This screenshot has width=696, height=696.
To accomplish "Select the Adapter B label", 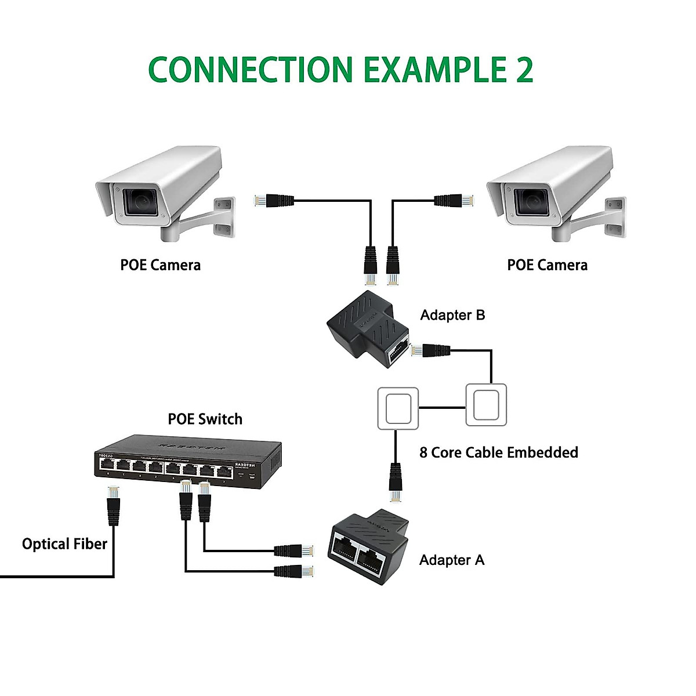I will (452, 315).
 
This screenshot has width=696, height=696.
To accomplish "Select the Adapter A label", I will (451, 560).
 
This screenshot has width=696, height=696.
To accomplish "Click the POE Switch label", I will (205, 419).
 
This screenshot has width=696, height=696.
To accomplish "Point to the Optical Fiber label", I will (64, 544).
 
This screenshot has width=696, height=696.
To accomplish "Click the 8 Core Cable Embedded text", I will (498, 452).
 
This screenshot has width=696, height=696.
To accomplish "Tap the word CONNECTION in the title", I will (251, 70).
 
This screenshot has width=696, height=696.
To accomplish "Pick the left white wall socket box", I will (398, 408).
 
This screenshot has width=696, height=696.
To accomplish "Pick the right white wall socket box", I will (486, 405).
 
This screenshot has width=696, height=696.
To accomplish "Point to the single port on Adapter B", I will (399, 350).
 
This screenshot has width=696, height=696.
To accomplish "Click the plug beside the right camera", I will (454, 201).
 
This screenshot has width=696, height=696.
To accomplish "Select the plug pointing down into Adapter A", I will (396, 481).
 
